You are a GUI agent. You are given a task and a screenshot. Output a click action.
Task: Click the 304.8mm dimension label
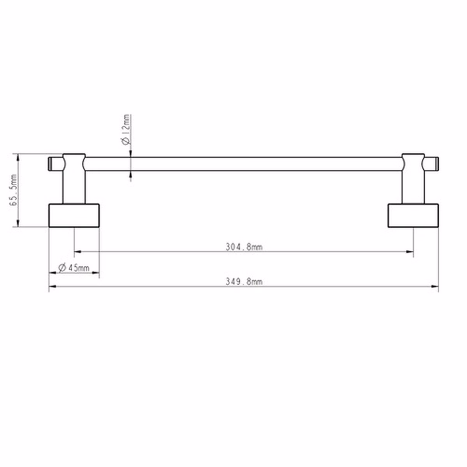point(244,247)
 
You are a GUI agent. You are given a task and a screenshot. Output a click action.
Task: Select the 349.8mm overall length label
point(244,282)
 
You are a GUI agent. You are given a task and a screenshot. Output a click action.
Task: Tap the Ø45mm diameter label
point(74,268)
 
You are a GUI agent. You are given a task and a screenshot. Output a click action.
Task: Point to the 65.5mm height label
point(13,190)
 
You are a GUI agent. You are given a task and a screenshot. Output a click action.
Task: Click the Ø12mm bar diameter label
point(126,130)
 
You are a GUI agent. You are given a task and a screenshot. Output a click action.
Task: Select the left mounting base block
point(74,216)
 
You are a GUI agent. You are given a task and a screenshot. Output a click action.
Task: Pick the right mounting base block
point(413,216)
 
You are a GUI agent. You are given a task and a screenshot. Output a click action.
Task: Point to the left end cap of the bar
point(56,164)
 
